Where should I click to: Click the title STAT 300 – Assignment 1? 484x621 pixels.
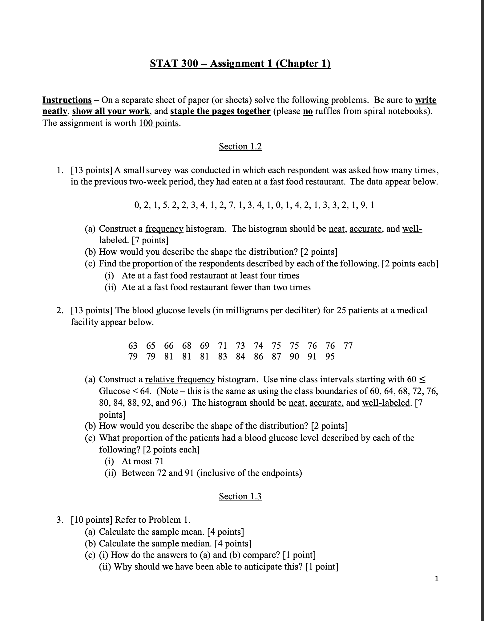240,63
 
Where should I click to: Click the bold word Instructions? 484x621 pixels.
67,100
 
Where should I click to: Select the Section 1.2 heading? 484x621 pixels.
240,147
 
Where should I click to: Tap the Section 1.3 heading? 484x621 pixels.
240,497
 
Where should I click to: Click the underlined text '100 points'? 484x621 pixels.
159,123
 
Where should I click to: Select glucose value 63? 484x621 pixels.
133,346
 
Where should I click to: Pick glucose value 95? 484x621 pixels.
330,357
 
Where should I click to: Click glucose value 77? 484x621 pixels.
348,346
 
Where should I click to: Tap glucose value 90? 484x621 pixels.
294,357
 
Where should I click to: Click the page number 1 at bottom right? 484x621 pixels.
436,579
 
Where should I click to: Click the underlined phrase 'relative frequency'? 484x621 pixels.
180,379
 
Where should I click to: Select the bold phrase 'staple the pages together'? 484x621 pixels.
220,111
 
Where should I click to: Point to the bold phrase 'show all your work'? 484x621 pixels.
111,111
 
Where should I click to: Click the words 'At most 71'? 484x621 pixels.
143,461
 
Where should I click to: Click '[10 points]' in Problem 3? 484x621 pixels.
91,520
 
